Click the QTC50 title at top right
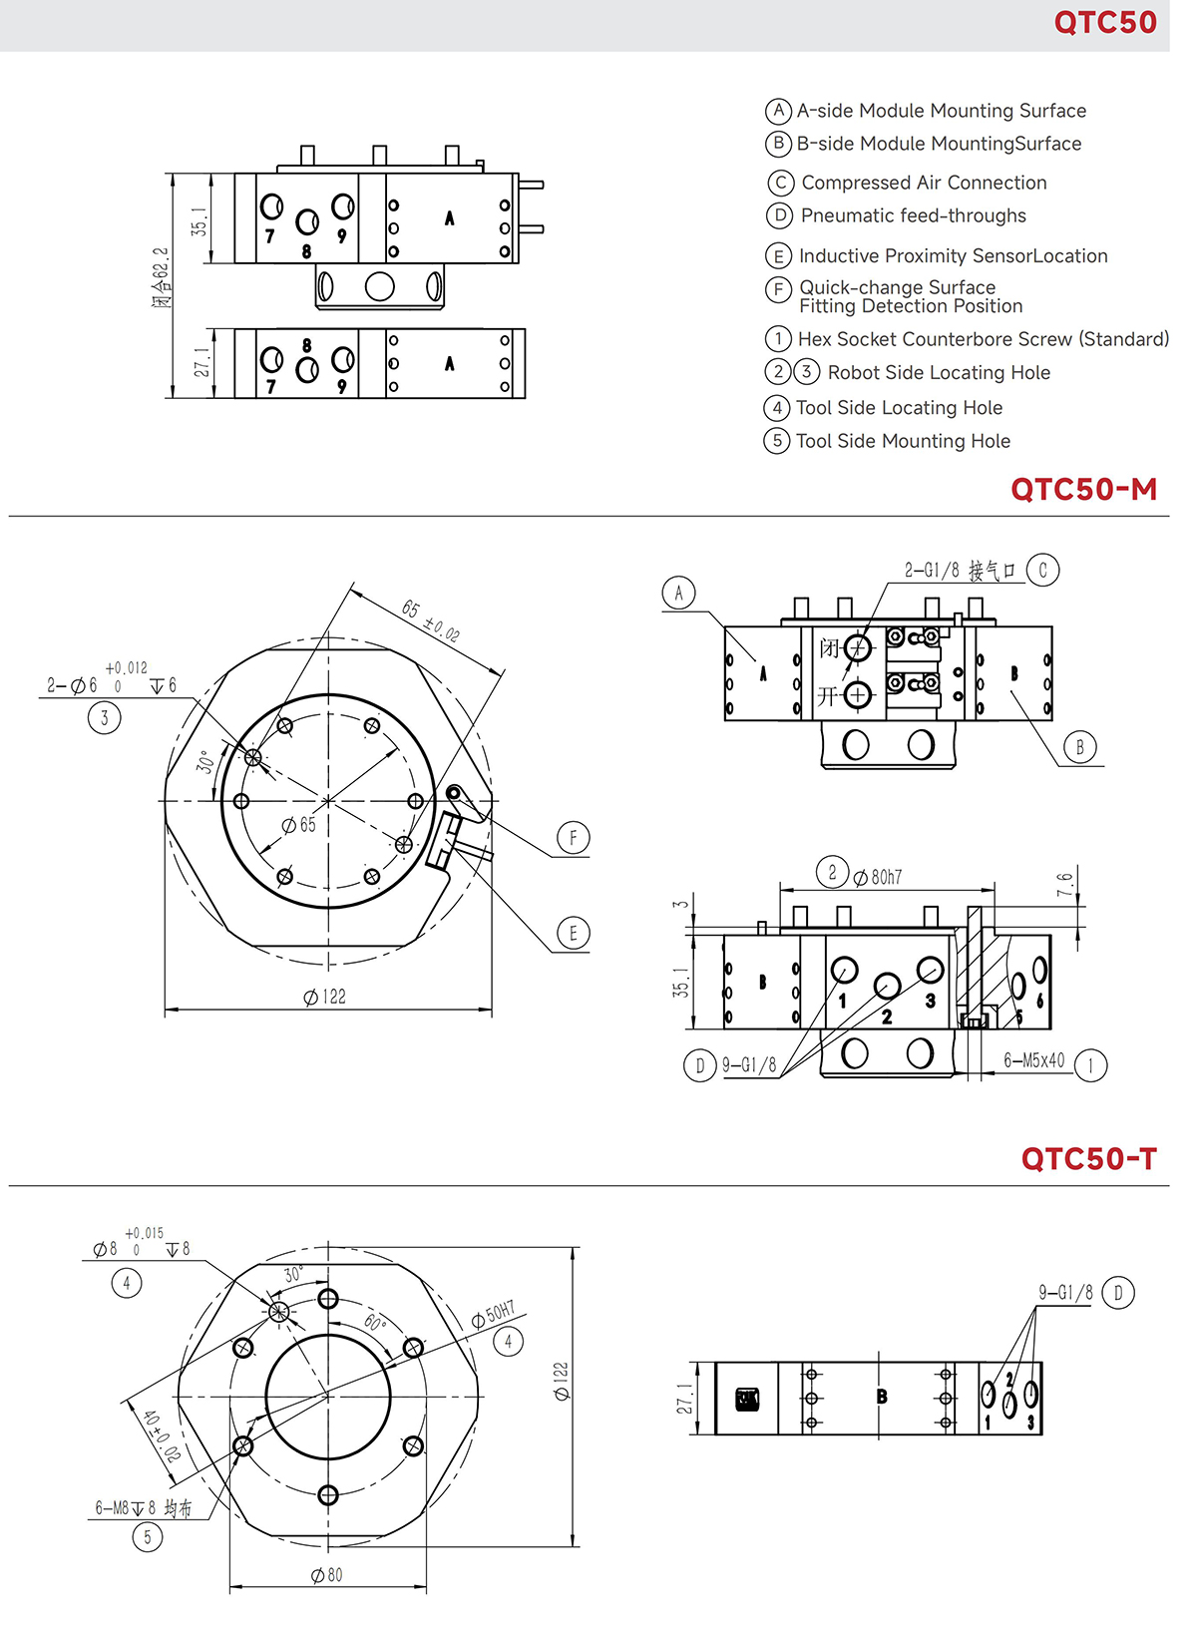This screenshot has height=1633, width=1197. click(1104, 23)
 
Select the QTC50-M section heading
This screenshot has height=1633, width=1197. click(1083, 490)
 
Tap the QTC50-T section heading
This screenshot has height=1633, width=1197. click(1088, 1159)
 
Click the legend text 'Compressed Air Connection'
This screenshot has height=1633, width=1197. click(924, 183)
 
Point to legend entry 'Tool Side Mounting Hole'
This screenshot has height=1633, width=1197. click(903, 441)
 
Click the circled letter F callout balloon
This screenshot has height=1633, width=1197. click(573, 838)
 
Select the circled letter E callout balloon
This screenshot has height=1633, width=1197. click(573, 934)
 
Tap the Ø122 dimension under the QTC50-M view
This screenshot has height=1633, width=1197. click(325, 997)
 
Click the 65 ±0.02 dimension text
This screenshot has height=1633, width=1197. click(430, 621)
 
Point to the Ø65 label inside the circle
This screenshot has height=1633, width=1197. click(299, 825)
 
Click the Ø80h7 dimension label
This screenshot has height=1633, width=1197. click(877, 878)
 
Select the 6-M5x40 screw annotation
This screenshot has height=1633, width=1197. click(1033, 1060)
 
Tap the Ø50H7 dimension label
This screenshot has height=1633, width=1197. click(494, 1314)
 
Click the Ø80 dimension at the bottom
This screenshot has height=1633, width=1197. click(327, 1575)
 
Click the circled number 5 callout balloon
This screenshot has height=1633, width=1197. click(148, 1537)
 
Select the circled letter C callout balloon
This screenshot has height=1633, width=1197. click(1043, 571)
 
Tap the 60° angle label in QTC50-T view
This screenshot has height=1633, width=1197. click(374, 1323)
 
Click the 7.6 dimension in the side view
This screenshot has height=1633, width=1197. click(1065, 884)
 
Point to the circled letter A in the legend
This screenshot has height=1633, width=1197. click(779, 111)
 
